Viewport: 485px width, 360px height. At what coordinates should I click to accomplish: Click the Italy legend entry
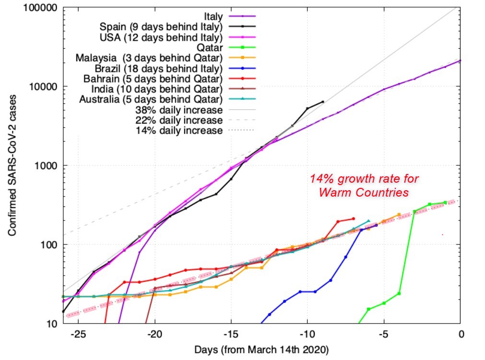click(x=213, y=16)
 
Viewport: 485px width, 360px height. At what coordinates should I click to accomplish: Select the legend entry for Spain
click(x=161, y=26)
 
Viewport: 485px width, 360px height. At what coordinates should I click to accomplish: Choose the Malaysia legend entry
click(x=149, y=58)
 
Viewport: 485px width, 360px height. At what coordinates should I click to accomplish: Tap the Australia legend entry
click(x=153, y=100)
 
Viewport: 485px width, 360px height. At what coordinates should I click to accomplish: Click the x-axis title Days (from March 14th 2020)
click(x=261, y=349)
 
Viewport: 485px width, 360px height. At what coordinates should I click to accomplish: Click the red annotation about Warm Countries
click(x=364, y=186)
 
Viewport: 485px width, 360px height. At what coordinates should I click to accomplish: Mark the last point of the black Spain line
click(x=323, y=102)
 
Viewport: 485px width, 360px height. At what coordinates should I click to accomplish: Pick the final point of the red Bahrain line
click(x=353, y=219)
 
